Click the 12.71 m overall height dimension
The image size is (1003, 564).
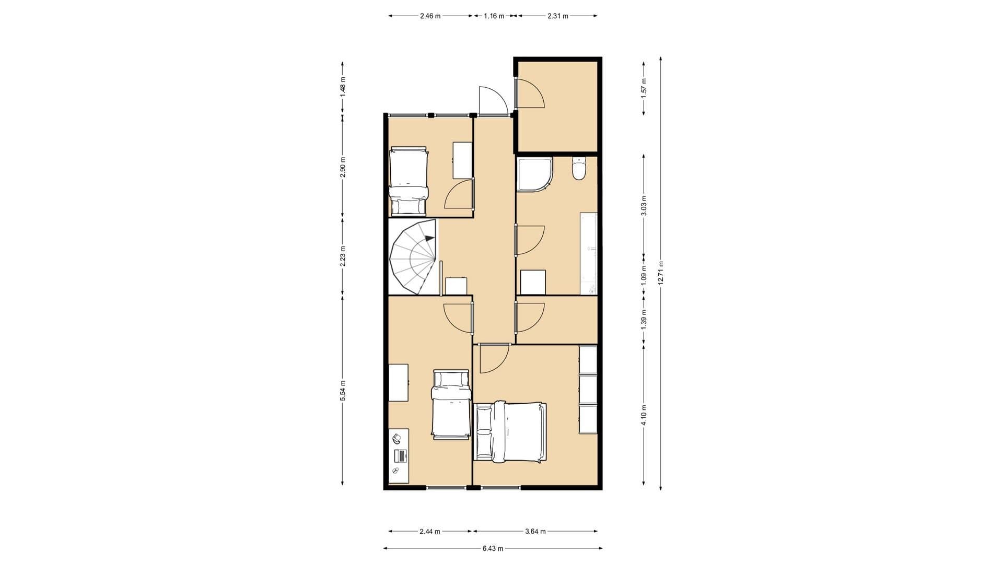661,273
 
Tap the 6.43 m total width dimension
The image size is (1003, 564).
493,548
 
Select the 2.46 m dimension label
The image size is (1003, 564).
430,16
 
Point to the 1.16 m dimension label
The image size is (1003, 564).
494,16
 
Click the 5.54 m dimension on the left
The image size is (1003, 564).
343,391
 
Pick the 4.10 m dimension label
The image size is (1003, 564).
644,415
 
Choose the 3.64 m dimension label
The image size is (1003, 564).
535,532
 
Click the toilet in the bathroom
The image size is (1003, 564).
579,168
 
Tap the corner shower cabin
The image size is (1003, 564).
534,173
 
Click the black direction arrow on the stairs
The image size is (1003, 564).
429,238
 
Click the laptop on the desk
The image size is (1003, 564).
401,455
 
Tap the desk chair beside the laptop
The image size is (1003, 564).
397,438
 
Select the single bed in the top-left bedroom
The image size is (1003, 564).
409,181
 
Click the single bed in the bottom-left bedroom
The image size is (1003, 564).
451,404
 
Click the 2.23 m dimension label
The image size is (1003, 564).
343,256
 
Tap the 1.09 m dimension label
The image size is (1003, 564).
644,275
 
